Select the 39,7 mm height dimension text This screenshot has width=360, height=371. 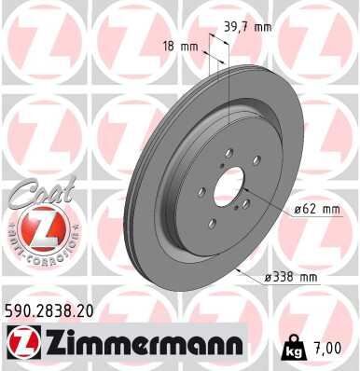tap(246, 27)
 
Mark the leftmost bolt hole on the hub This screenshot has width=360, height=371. tap(201, 190)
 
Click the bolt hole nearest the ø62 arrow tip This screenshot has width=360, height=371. tap(244, 211)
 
